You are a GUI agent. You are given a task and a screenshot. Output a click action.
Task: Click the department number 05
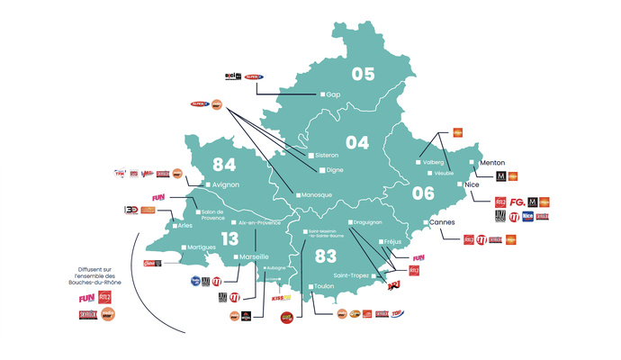[x=362, y=74]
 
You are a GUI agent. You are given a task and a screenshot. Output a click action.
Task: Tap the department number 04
[x=357, y=142]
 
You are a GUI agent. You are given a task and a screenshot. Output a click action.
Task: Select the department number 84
[x=225, y=165]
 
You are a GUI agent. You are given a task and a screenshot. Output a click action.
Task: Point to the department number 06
[x=422, y=192]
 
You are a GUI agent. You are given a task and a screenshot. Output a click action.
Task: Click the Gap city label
[x=334, y=94]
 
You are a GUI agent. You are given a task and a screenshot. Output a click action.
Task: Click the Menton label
[x=493, y=163]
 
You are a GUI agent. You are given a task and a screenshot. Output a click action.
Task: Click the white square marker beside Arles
[x=175, y=225]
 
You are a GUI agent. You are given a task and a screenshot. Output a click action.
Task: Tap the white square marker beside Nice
[x=462, y=184]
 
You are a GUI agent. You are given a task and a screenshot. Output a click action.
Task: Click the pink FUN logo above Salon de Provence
[x=160, y=196]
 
